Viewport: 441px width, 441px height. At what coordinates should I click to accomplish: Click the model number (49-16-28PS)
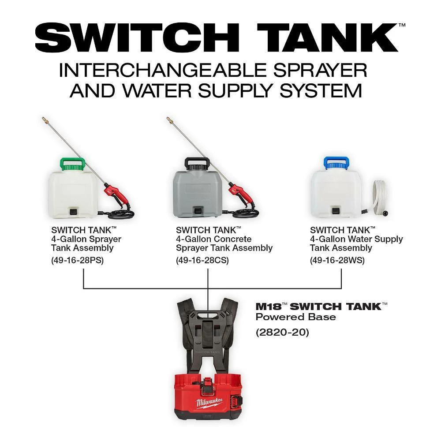[78, 260]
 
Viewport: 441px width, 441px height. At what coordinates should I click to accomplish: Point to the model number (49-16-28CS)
[202, 260]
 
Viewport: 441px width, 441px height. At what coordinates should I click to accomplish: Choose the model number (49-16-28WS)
[337, 260]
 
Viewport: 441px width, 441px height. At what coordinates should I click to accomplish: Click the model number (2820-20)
[283, 332]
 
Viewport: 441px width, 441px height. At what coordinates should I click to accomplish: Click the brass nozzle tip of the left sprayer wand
[45, 120]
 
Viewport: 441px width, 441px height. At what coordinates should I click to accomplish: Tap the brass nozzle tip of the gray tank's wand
[169, 120]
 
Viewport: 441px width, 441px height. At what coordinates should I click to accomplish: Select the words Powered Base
[295, 317]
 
